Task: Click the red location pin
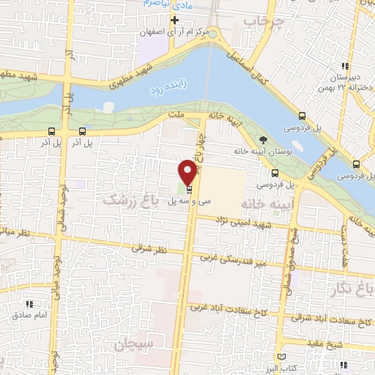tap(188, 171)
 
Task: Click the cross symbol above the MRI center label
tap(174, 20)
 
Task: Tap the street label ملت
tap(175, 116)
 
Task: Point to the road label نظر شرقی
tap(149, 250)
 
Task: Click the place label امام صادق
tap(30, 315)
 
